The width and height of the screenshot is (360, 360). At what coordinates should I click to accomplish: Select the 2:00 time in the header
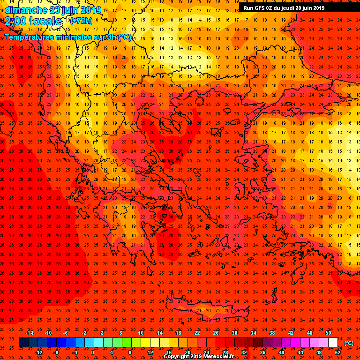click(x=15, y=21)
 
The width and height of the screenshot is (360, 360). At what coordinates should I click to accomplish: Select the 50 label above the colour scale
click(x=328, y=333)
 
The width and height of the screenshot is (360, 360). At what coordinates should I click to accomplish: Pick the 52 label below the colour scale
click(x=337, y=352)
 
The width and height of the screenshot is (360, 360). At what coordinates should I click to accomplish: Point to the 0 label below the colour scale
click(x=92, y=352)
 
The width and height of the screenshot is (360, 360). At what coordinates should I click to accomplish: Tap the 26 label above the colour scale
click(x=216, y=333)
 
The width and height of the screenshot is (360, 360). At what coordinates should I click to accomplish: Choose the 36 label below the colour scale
click(x=262, y=352)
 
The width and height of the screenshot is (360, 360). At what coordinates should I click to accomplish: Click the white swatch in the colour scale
click(x=333, y=343)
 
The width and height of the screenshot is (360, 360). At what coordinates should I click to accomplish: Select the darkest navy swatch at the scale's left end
click(x=23, y=343)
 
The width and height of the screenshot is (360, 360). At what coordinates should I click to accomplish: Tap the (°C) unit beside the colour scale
click(x=349, y=343)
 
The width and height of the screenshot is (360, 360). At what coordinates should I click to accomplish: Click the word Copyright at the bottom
click(x=177, y=357)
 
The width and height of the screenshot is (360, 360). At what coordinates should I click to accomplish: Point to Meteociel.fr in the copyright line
click(x=220, y=357)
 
